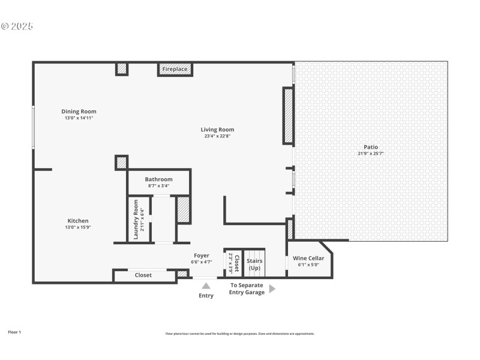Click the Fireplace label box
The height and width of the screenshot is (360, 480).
[x=175, y=69]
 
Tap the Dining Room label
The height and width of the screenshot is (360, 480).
[x=79, y=112]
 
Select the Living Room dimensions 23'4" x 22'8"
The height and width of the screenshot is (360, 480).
[x=217, y=136]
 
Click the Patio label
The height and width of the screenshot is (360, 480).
[x=371, y=147]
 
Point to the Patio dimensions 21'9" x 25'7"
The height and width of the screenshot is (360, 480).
[x=371, y=154]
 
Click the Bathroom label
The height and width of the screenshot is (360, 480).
[x=158, y=179]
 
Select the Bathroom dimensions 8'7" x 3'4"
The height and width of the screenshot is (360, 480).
[x=158, y=186]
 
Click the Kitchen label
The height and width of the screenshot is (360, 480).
[x=78, y=221]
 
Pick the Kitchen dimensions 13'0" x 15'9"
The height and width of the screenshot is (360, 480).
[x=78, y=227]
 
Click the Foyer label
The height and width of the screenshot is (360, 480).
[x=201, y=256]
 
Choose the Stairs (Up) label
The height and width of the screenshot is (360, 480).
[x=254, y=264]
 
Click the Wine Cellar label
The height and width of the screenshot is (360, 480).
[x=308, y=259]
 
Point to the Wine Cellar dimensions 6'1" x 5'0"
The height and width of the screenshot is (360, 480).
[x=308, y=265]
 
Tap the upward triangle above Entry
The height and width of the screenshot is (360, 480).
[x=206, y=286]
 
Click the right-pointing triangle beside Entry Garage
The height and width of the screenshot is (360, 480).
[x=272, y=289]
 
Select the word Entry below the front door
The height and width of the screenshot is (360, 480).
[x=206, y=295]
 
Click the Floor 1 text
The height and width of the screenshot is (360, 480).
[x=14, y=332]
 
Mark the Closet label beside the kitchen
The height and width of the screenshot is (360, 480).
[x=143, y=275]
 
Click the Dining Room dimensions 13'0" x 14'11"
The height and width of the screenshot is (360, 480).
[x=79, y=118]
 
